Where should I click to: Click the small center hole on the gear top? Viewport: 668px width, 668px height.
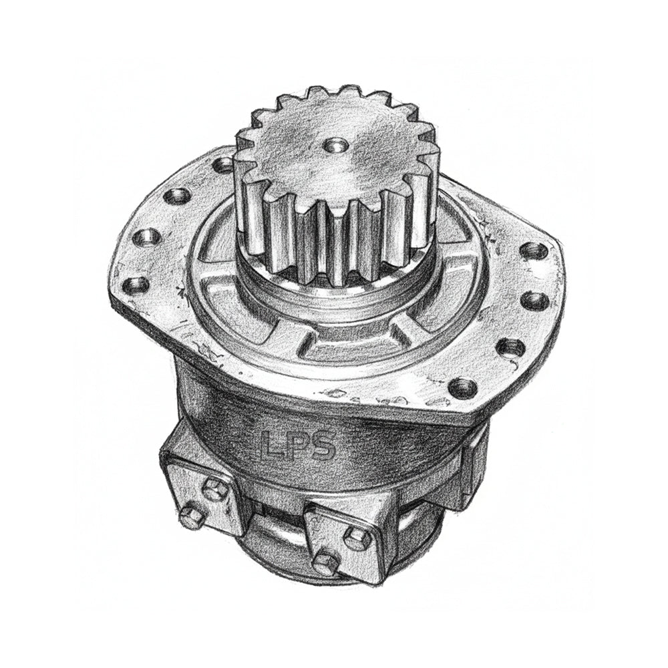333,143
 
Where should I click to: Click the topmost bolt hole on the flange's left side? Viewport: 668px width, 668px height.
221,163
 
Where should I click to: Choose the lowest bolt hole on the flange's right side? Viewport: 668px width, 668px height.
462,386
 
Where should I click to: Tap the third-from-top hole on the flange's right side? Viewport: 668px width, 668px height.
509,345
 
